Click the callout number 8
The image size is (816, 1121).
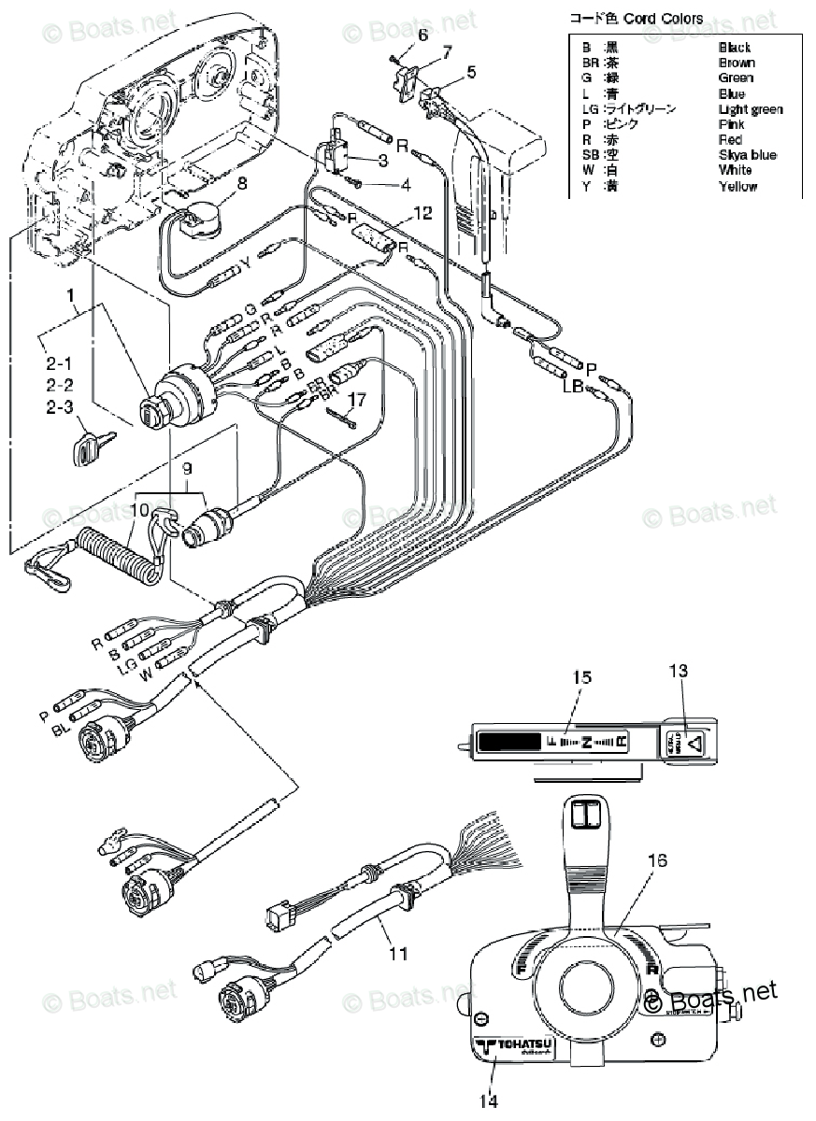pyautogui.click(x=242, y=183)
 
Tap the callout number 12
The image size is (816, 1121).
pyautogui.click(x=422, y=214)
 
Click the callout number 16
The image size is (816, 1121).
pyautogui.click(x=657, y=860)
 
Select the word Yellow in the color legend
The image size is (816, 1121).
pyautogui.click(x=738, y=186)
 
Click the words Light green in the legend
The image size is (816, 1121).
pyautogui.click(x=751, y=109)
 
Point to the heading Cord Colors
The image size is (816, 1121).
pyautogui.click(x=666, y=19)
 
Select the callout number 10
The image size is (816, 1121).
pyautogui.click(x=139, y=511)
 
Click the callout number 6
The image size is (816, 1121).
pyautogui.click(x=422, y=35)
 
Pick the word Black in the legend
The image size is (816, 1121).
pyautogui.click(x=735, y=47)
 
